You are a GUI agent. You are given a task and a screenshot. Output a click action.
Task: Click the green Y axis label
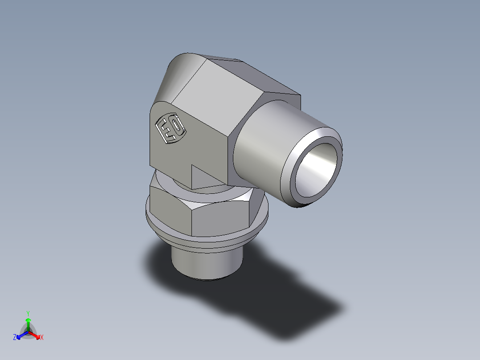point(28,313)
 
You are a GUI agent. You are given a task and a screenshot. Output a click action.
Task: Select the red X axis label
point(41,338)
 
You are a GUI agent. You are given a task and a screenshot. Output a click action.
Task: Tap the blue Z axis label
point(15,338)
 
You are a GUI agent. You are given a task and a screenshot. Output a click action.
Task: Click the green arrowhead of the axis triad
point(28,320)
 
